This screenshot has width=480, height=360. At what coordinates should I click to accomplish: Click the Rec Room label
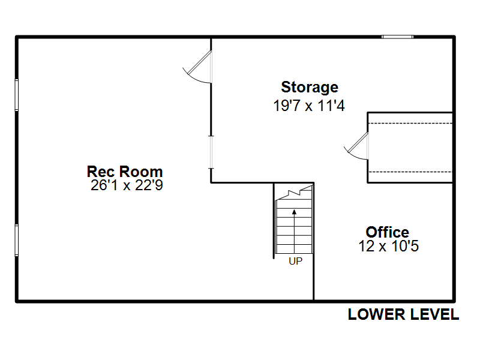[125, 172]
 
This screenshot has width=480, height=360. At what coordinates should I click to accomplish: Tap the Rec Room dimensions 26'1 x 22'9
[127, 185]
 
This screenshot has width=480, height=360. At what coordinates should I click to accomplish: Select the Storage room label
[310, 88]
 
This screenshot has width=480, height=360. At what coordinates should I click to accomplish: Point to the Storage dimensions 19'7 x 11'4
[309, 106]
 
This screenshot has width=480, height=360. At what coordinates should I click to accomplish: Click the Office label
[388, 232]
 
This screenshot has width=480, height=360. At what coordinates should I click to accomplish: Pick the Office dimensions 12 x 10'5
[388, 246]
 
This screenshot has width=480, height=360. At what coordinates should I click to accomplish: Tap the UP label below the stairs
[295, 261]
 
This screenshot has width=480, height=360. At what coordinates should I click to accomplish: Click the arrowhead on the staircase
[294, 212]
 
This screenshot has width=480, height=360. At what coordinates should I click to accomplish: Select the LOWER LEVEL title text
[403, 314]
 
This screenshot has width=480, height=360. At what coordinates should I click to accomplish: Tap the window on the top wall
[397, 37]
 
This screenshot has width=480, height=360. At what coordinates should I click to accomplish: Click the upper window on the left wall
[17, 95]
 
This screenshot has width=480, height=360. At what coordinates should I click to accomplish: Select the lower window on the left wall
[17, 241]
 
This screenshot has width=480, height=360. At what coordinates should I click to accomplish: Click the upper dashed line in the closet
[410, 124]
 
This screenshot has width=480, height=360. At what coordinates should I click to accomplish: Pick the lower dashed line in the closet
[410, 172]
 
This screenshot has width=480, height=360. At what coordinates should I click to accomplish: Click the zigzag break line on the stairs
[294, 193]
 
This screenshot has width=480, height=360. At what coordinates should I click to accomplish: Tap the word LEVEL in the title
[434, 314]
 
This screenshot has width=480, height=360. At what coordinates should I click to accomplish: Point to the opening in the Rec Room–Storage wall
[211, 152]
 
